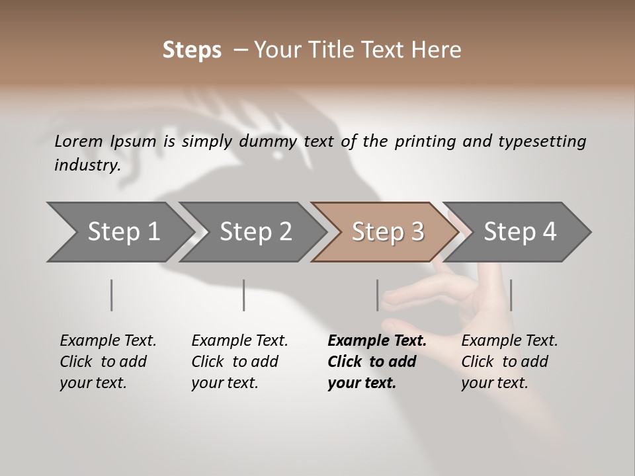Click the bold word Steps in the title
[x=192, y=50]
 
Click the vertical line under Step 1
[x=112, y=295]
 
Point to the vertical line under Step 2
[x=244, y=295]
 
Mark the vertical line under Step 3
[x=377, y=295]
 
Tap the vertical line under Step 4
[x=511, y=295]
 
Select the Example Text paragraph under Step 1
[x=108, y=362]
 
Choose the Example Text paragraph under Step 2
[x=239, y=362]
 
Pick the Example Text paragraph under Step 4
[x=509, y=362]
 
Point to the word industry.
[x=87, y=165]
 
